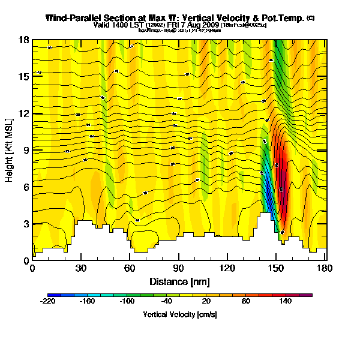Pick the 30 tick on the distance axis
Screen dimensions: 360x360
tap(81, 269)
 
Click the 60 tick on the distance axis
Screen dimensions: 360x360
tap(130, 269)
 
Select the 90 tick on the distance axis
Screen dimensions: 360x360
tap(178, 269)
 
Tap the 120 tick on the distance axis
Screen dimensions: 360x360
tap(227, 269)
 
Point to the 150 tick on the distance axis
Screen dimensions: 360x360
tap(275, 269)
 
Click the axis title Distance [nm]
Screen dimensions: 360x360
tap(179, 281)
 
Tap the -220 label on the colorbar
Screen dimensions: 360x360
tap(48, 302)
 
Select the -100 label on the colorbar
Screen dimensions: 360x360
tap(127, 302)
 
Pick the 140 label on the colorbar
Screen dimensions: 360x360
tap(284, 302)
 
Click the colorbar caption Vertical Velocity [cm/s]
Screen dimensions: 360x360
tap(179, 314)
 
